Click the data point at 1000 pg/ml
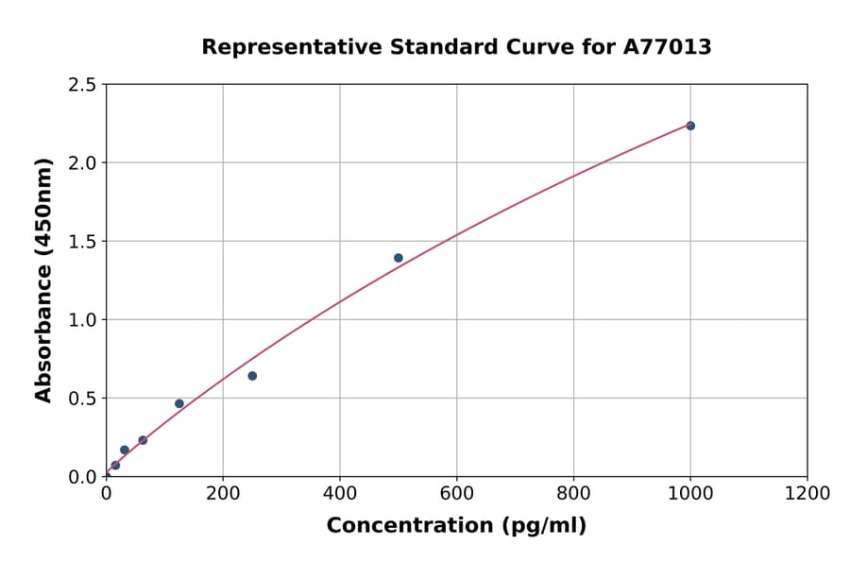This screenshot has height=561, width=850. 690,126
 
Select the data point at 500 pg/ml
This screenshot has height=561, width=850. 399,258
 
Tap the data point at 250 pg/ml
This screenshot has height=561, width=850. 252,376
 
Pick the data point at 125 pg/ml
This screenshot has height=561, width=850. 179,403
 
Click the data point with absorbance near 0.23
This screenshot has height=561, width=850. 143,440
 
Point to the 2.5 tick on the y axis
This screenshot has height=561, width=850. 83,85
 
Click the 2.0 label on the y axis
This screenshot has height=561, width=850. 83,163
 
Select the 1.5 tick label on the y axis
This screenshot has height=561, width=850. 83,242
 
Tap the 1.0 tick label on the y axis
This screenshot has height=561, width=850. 83,320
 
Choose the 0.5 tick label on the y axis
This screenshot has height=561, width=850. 83,399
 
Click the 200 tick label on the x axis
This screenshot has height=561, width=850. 223,494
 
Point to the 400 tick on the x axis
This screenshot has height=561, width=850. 340,494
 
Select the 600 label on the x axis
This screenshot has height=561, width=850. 456,494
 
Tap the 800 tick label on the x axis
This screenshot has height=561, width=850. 573,494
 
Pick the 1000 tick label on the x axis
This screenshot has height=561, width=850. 690,494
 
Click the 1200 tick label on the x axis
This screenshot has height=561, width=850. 807,494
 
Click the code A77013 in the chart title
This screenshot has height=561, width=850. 667,47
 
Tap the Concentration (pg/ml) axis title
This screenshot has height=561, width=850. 456,526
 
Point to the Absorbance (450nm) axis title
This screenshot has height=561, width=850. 43,280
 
